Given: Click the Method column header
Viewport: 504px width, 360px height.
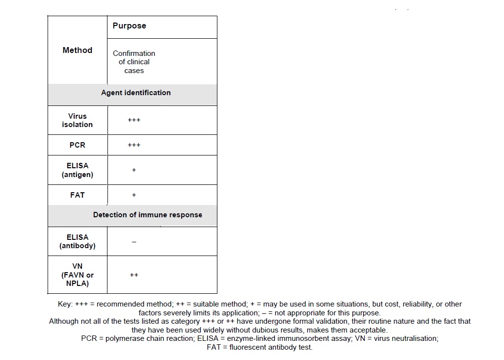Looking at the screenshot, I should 78,50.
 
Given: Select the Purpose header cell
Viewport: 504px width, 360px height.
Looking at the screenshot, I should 129,26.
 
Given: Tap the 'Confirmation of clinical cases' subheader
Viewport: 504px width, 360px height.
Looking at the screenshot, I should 134,62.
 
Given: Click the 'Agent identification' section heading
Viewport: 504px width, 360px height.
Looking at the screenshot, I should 136,93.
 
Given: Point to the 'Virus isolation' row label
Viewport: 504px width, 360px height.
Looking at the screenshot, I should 78,120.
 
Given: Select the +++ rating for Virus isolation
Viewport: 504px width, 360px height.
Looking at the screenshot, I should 134,120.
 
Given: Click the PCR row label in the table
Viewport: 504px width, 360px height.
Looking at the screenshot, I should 78,145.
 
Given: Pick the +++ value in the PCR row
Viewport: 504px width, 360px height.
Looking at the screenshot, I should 134,145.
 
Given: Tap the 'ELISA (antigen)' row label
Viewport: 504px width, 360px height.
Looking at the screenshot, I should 78,170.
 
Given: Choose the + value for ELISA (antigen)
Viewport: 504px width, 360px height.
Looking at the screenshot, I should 134,170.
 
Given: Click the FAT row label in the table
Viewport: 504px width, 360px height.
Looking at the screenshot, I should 78,195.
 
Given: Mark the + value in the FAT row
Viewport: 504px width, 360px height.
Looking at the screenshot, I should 134,195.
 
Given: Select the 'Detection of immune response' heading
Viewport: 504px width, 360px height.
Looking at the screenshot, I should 148,215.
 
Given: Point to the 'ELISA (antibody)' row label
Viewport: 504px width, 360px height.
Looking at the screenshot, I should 78,241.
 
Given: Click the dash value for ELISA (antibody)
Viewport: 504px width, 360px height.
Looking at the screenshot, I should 134,242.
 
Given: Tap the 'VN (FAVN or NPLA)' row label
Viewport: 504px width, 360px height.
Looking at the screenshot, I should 78,275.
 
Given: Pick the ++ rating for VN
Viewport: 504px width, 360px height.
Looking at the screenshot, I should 134,275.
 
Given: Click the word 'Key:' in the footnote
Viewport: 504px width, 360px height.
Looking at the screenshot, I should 65,304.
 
